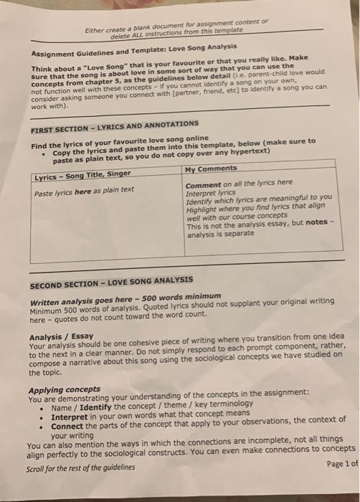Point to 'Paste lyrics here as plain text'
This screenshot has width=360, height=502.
(84, 190)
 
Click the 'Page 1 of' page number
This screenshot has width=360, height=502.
(341, 463)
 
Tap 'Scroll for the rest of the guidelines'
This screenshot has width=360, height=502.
(80, 468)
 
